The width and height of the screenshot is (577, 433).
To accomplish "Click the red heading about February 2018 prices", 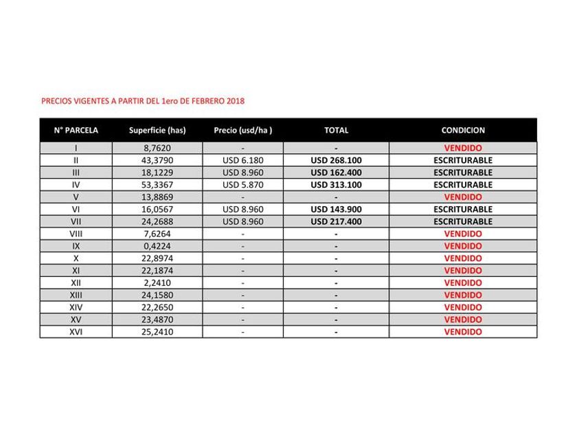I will point(143,101).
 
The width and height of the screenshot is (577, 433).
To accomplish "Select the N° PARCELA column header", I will point(76,130).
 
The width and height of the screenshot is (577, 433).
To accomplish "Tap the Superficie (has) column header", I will point(157,130).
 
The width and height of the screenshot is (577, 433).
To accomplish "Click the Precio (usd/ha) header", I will point(243,130).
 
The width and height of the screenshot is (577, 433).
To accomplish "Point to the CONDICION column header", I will point(463,130).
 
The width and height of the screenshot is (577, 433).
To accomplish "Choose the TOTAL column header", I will point(336,130).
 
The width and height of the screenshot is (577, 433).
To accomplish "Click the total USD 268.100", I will point(336,160).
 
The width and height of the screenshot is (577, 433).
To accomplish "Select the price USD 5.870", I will point(243,185).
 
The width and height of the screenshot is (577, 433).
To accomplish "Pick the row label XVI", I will point(76,332).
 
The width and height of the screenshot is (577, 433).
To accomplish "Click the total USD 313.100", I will point(336,185).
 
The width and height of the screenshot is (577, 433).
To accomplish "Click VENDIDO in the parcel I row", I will point(463,148).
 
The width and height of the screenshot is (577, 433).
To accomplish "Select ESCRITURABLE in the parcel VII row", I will point(463,221).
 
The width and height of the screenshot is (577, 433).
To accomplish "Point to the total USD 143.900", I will point(336,209).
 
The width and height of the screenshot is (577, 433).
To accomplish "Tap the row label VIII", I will point(76,234).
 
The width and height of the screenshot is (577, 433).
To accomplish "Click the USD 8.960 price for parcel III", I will point(243,173).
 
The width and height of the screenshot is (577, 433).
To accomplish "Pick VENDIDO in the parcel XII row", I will point(463,282).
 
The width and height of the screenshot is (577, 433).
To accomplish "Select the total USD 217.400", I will point(336,221).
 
